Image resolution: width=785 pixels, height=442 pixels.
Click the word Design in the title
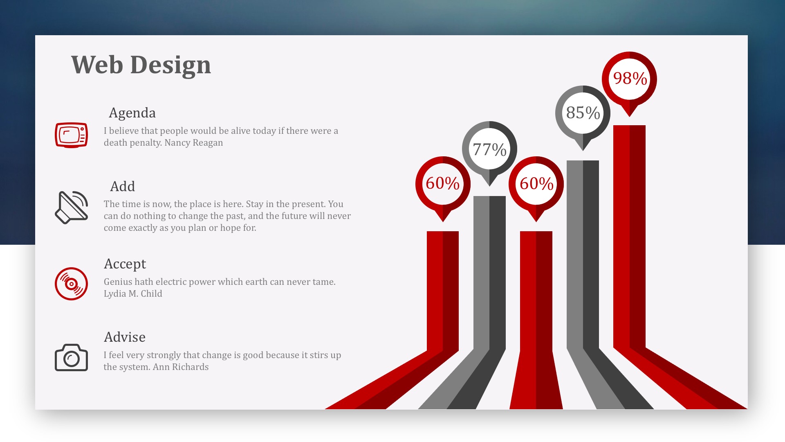(x=170, y=65)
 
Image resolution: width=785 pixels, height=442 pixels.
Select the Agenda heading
(x=132, y=113)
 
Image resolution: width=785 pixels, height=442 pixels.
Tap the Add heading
(x=122, y=187)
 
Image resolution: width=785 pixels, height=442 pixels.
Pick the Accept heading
(x=125, y=264)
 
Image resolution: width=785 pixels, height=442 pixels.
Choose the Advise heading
(x=124, y=337)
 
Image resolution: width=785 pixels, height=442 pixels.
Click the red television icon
(x=71, y=135)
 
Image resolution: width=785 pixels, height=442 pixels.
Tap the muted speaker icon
(x=72, y=207)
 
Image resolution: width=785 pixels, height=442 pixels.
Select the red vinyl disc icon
(x=71, y=284)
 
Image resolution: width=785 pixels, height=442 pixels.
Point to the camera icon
(x=71, y=358)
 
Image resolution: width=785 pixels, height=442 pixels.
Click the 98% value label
(x=630, y=78)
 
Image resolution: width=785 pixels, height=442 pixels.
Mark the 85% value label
(x=583, y=113)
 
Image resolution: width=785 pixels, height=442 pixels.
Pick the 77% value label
(x=489, y=149)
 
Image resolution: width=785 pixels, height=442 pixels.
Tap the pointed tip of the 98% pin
(x=630, y=117)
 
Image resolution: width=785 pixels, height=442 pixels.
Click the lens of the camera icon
(x=72, y=359)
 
